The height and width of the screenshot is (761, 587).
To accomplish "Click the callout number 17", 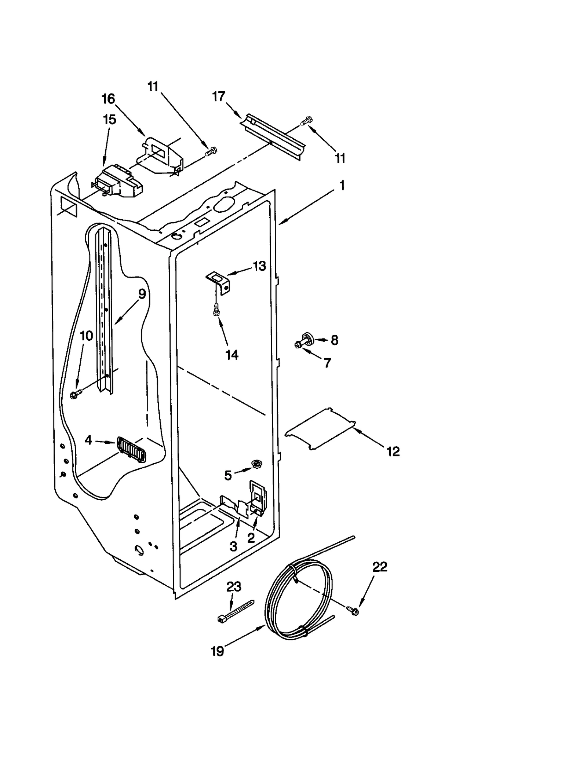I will click(219, 97).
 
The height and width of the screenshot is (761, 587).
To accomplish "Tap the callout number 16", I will click(108, 99).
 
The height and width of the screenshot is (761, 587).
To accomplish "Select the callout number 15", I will click(109, 120).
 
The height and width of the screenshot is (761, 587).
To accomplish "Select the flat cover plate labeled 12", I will click(320, 428).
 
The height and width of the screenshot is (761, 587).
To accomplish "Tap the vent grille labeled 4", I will click(131, 450).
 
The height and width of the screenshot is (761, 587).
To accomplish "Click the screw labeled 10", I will click(76, 394).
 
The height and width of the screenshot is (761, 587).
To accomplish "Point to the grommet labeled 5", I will click(256, 464).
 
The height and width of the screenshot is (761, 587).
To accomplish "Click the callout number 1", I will click(342, 186).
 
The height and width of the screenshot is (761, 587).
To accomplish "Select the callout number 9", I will click(142, 294).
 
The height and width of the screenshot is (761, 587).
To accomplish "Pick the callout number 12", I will click(393, 451).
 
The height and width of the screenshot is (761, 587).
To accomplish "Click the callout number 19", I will click(217, 651).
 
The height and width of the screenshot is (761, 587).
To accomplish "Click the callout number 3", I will click(234, 546).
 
